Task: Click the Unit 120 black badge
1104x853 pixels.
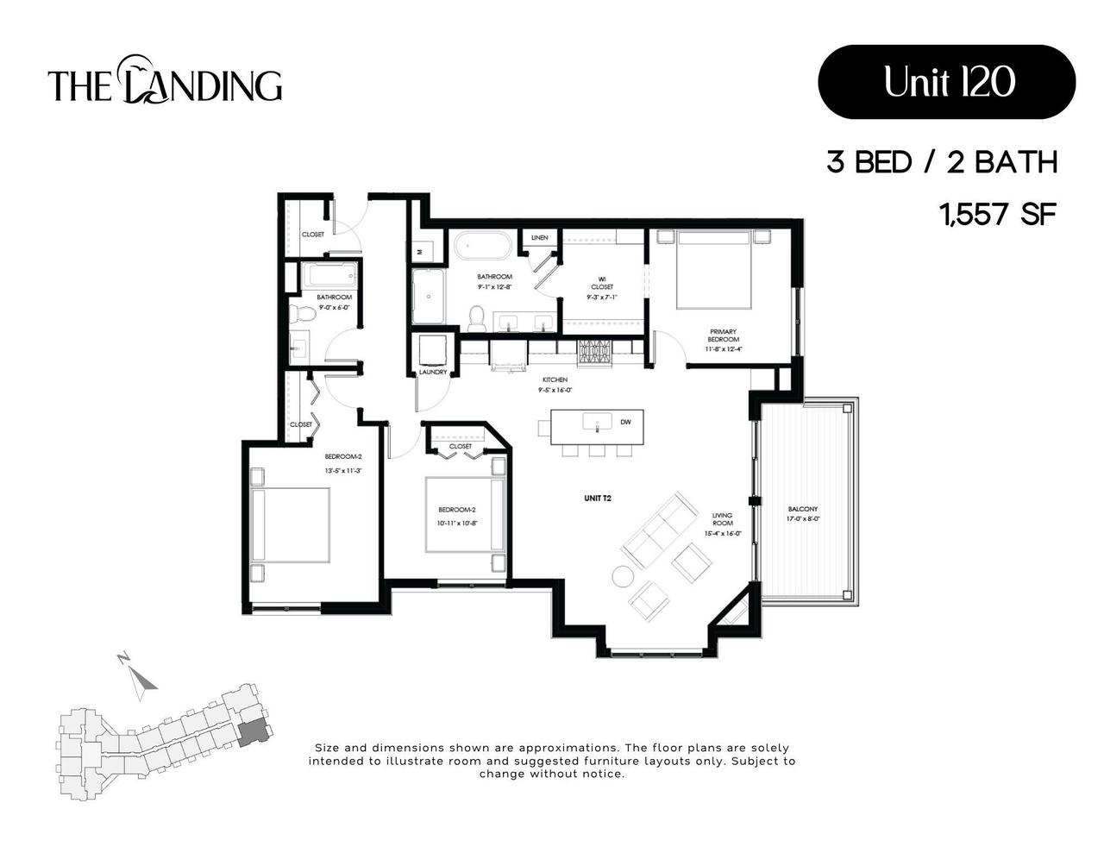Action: pos(946,82)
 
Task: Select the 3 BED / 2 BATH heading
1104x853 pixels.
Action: pos(942,162)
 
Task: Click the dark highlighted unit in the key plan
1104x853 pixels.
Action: pos(252,732)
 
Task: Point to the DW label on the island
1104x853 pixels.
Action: pos(626,423)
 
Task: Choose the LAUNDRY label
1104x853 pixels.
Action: pos(433,372)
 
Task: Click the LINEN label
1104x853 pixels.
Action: pos(540,237)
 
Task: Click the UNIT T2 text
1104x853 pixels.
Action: pos(598,498)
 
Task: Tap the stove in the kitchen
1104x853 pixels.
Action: pos(594,351)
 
